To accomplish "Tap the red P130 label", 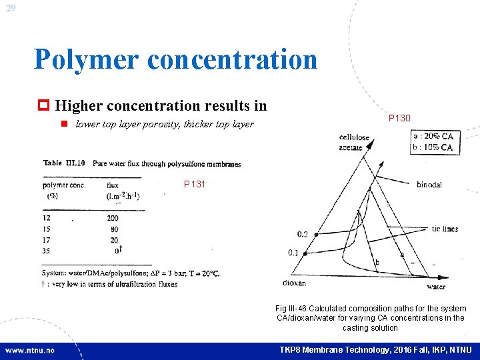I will click(x=399, y=118).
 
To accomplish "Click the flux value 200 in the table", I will click(x=112, y=218).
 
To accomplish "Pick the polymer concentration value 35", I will click(x=47, y=251).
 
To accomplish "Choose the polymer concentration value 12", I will click(x=47, y=218).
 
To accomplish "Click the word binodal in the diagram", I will click(x=429, y=185).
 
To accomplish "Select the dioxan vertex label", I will click(x=293, y=283).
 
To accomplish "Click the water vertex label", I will click(x=435, y=287).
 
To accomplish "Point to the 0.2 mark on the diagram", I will click(x=303, y=234).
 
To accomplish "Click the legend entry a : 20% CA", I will click(x=433, y=137).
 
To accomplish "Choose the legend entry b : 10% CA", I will click(x=433, y=147).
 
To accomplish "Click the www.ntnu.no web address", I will click(x=31, y=350).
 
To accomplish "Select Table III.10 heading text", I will click(x=63, y=163).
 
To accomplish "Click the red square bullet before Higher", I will click(x=45, y=105).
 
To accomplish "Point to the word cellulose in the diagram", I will click(x=355, y=138).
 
